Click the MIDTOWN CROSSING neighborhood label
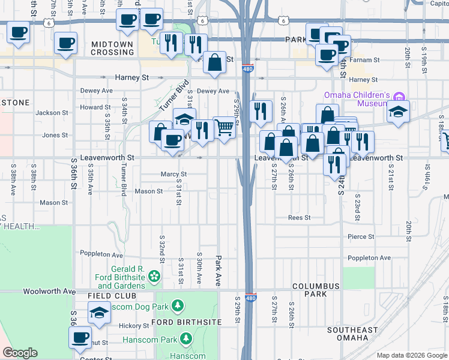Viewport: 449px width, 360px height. coord(113,48)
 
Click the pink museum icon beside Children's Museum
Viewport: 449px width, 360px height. coord(401,95)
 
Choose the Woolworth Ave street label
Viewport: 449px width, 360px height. coord(49,291)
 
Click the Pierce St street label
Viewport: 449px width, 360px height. coord(361,237)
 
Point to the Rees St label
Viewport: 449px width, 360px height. coord(299,218)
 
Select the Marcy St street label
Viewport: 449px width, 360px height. coord(174,175)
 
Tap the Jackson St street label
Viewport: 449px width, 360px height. coord(52,113)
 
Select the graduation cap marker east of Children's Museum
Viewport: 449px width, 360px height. coord(397,112)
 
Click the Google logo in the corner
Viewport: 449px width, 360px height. coord(20,353)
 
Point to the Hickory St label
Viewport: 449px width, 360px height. coord(133,326)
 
